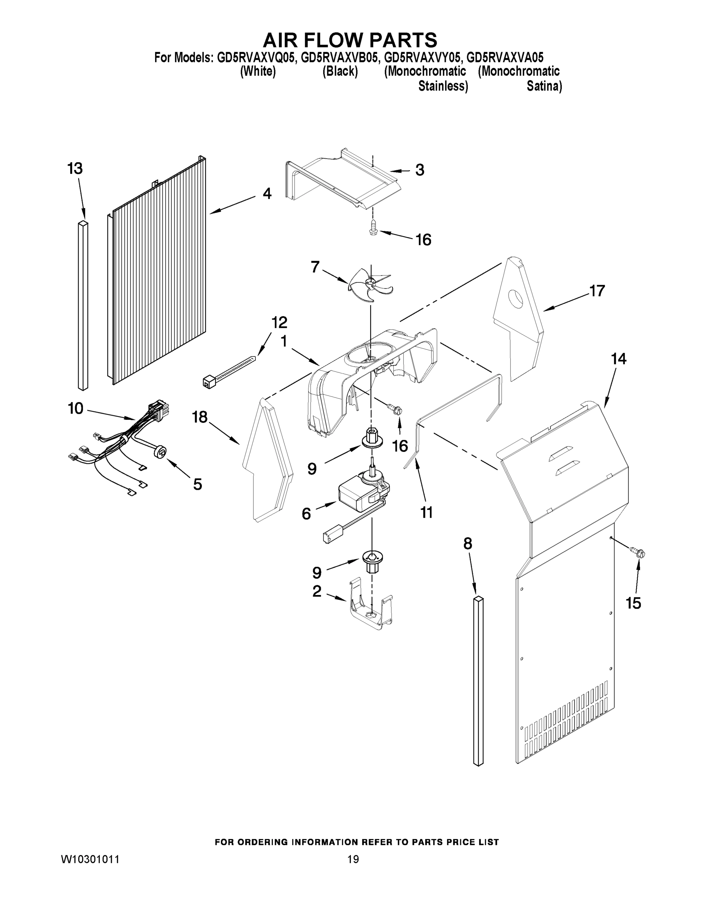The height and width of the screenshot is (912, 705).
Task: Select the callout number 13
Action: click(75, 169)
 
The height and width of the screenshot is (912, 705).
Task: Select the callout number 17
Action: click(597, 291)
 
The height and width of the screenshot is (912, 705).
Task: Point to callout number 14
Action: click(619, 359)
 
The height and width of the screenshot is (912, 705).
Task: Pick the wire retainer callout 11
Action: click(426, 513)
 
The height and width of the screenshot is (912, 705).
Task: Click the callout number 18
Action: click(200, 417)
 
